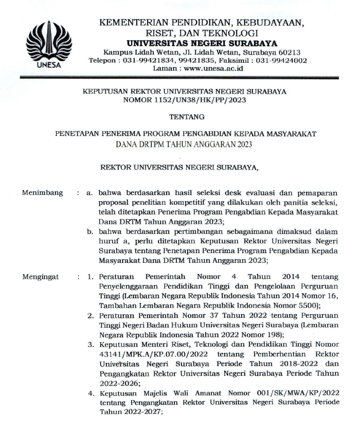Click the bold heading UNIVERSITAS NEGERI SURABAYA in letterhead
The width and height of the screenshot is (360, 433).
202,43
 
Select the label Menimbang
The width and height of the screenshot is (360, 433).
43,193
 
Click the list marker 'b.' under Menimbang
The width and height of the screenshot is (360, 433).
90,232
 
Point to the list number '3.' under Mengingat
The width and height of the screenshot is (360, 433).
90,344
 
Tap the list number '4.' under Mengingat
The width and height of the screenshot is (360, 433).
90,393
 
